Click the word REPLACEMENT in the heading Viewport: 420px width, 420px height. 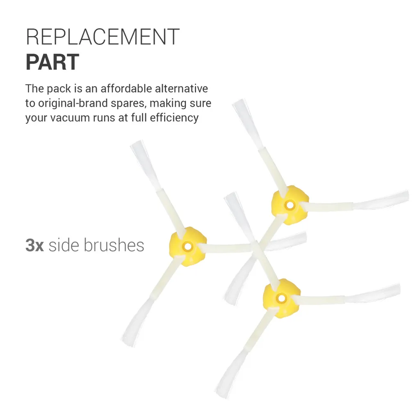coord(103,37)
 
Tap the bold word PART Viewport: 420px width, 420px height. coord(52,62)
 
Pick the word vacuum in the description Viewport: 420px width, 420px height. coord(70,118)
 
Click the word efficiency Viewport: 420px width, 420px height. coord(174,118)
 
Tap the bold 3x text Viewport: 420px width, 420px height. coord(34,245)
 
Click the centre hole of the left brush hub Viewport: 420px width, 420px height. coord(188,247)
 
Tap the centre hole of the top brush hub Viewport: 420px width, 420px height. coord(290,205)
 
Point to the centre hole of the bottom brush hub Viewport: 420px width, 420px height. coord(281,298)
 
